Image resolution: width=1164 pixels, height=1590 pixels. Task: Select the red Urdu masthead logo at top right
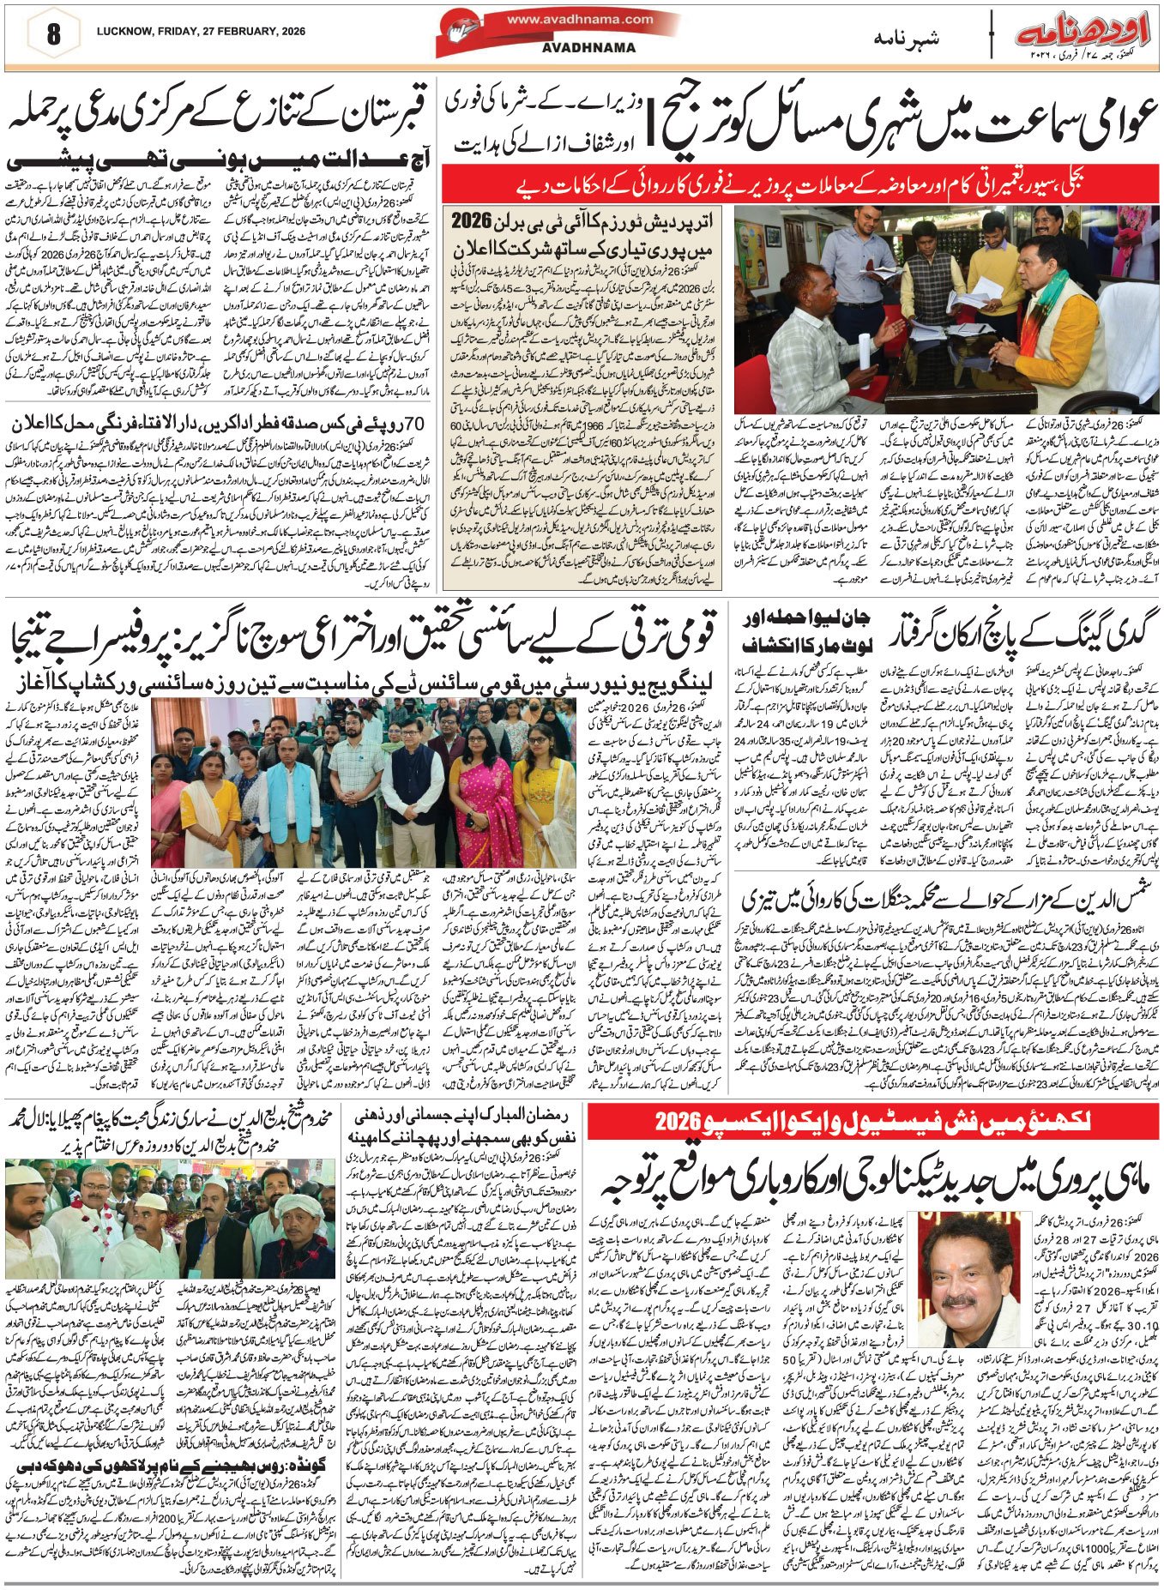pos(1083,35)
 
